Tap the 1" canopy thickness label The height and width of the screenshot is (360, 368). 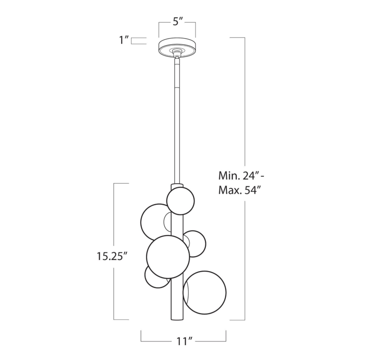(124, 40)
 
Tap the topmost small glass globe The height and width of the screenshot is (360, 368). (180, 201)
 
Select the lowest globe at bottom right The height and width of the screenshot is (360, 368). (205, 293)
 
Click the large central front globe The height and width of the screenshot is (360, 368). (168, 256)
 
